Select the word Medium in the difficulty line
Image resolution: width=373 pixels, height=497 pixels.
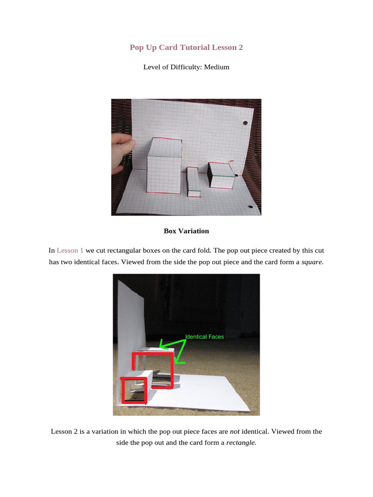tap(217, 67)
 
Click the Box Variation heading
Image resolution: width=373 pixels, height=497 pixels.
tap(186, 231)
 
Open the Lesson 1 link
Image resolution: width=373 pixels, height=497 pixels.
tap(70, 250)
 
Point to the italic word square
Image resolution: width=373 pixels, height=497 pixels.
tap(312, 262)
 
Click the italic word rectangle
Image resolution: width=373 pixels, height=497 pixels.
tap(241, 443)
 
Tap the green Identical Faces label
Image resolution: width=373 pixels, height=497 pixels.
tap(204, 336)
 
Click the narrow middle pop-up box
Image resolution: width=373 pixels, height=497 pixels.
tap(193, 182)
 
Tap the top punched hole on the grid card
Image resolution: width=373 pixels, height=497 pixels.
tap(244, 122)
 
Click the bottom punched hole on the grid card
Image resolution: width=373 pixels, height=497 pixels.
tap(250, 207)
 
